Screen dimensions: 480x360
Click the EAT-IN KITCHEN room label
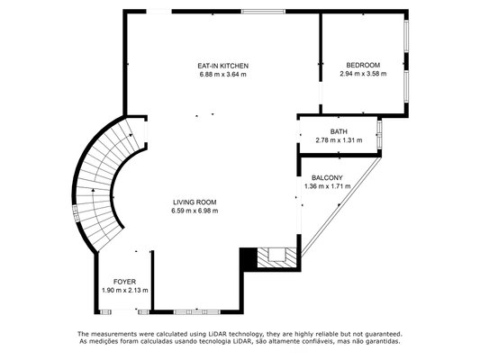(222, 66)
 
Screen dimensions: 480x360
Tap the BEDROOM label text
(363, 65)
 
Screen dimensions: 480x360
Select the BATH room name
(339, 131)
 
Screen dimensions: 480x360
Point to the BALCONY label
(327, 177)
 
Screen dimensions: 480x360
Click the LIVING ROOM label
(195, 202)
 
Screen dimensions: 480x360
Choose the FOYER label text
(124, 282)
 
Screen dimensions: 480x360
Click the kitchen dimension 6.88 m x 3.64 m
(222, 75)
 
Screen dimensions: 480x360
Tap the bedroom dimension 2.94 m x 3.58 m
(363, 74)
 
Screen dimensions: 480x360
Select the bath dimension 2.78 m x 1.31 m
(339, 140)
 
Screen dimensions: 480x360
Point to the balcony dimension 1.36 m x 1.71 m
(328, 186)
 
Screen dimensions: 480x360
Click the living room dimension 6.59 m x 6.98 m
(195, 211)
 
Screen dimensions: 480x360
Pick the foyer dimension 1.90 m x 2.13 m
(125, 291)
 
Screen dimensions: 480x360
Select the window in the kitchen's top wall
(263, 12)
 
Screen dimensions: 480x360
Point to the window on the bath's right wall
(380, 134)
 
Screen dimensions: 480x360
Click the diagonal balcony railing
(341, 207)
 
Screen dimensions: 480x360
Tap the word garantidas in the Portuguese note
(385, 341)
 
